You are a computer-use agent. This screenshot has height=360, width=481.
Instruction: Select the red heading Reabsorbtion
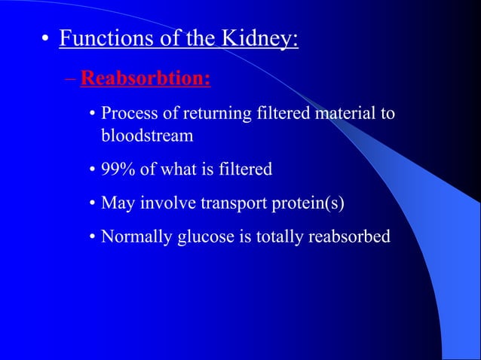(x=145, y=78)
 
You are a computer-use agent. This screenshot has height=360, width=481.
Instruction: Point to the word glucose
(x=204, y=237)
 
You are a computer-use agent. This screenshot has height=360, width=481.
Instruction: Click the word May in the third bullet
(x=116, y=203)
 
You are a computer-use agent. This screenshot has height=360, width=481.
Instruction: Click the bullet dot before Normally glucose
(x=92, y=238)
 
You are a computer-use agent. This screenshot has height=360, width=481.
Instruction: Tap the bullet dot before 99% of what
(x=92, y=170)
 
